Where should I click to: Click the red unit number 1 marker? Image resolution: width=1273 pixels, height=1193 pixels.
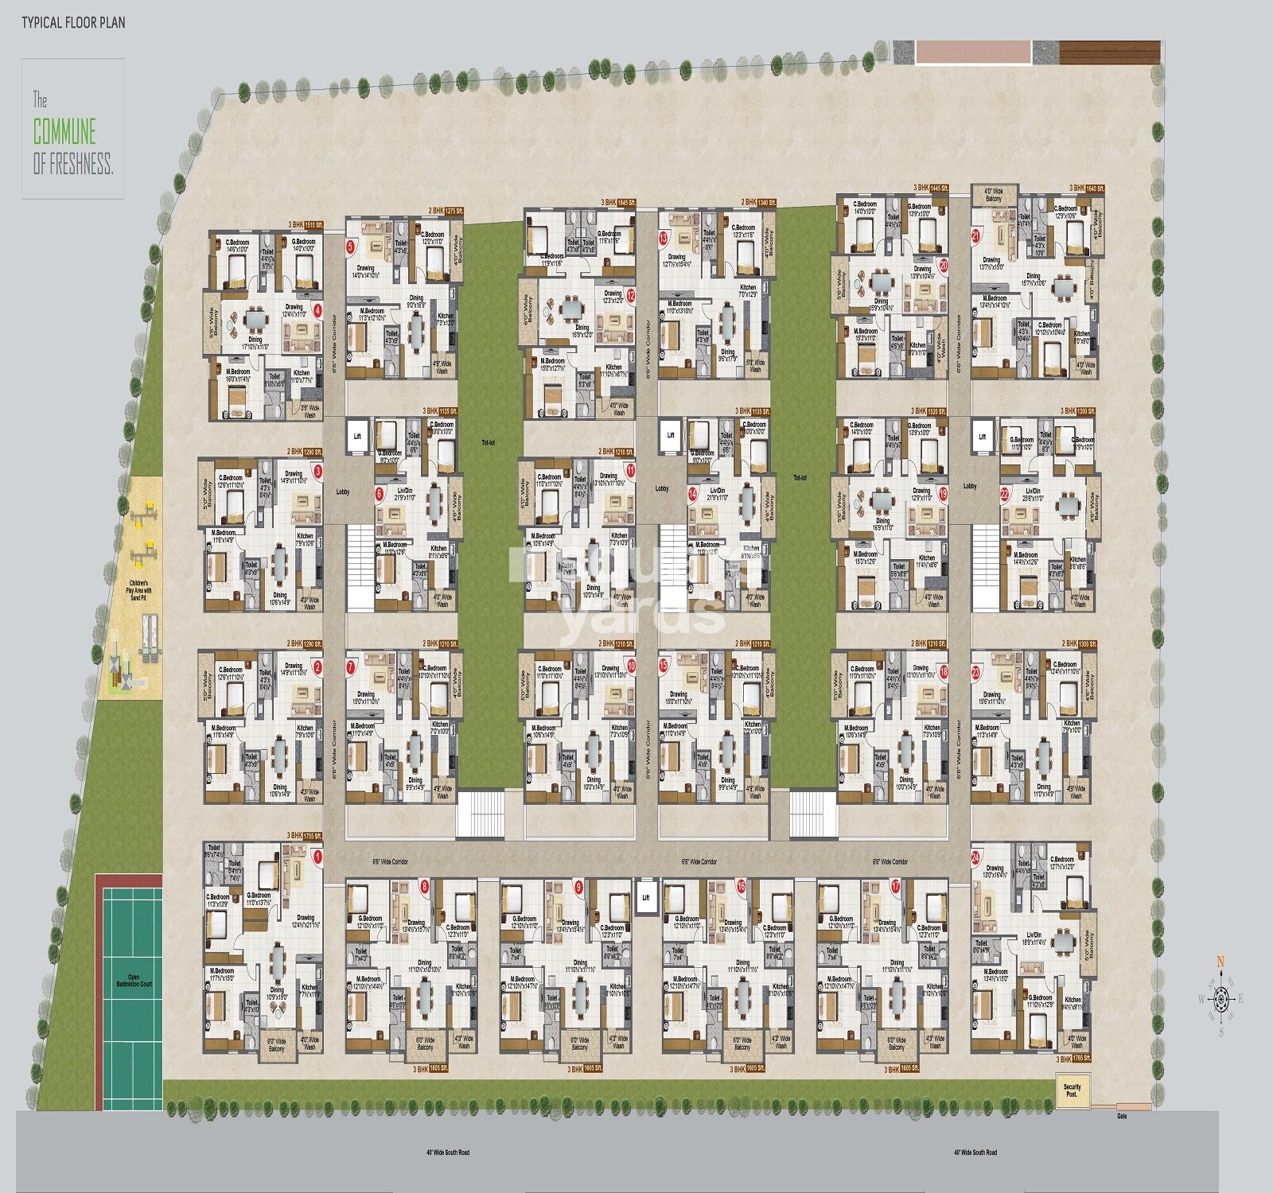click(x=318, y=857)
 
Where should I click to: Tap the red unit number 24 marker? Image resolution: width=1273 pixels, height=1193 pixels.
click(x=975, y=858)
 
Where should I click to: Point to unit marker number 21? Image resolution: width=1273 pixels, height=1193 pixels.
click(x=976, y=235)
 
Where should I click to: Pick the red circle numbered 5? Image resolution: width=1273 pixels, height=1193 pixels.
click(x=350, y=247)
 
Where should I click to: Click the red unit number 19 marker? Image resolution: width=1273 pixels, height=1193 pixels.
click(x=944, y=493)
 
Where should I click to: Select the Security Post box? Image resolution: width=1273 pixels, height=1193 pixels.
click(x=1072, y=1090)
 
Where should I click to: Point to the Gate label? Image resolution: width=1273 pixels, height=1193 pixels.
click(x=1122, y=1116)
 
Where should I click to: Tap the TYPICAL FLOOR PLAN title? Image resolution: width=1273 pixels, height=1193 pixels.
click(x=73, y=22)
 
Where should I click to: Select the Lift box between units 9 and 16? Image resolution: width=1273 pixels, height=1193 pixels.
click(x=646, y=898)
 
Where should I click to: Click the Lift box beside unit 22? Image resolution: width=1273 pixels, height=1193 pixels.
click(x=983, y=437)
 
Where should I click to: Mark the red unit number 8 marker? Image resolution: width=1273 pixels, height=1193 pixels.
click(x=424, y=885)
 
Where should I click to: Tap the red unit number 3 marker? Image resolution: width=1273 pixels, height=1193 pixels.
click(x=318, y=471)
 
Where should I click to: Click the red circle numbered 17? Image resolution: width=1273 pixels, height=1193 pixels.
click(x=895, y=885)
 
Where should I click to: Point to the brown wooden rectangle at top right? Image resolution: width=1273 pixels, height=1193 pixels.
click(x=1108, y=52)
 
